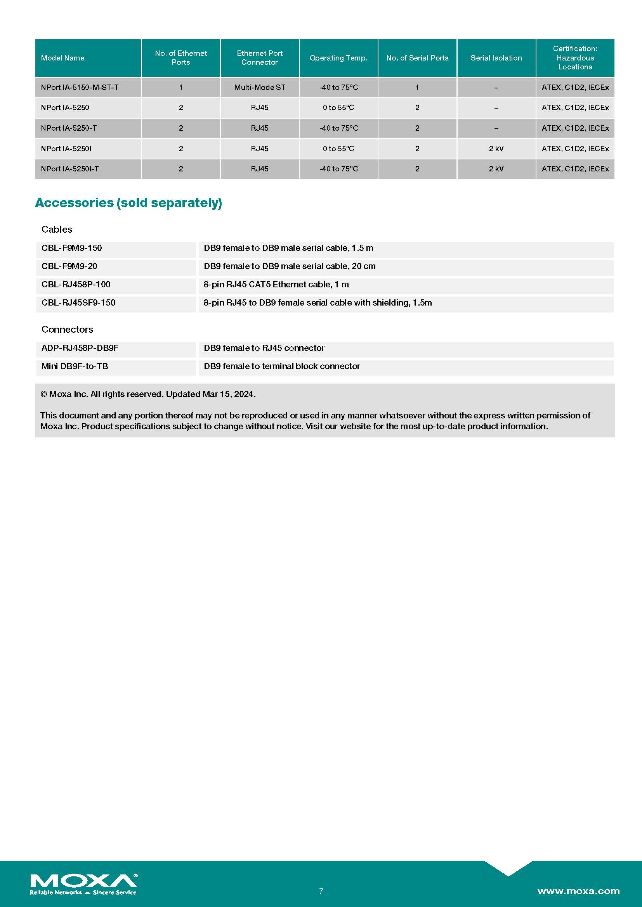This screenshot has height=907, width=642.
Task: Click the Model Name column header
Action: tap(63, 58)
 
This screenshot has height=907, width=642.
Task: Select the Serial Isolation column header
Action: tap(496, 58)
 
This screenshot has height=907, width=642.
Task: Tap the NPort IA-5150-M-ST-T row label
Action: tap(80, 88)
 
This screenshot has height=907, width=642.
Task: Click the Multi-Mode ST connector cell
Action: tap(259, 88)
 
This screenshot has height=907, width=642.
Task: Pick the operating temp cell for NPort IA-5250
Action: tap(338, 108)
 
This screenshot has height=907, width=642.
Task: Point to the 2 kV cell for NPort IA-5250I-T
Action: tap(496, 169)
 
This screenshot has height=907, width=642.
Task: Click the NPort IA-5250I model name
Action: tap(66, 149)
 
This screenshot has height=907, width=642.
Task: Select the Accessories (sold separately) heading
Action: tap(128, 203)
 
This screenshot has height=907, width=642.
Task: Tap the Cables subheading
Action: tap(57, 230)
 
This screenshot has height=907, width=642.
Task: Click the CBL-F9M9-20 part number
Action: tap(69, 266)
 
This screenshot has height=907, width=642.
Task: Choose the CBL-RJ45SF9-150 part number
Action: tap(78, 302)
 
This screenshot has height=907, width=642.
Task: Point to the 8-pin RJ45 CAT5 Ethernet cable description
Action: tap(276, 284)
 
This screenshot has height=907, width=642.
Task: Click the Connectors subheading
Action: tap(67, 330)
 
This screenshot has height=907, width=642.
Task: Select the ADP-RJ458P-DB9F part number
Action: tap(80, 348)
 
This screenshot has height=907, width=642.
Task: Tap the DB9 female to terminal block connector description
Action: tap(281, 366)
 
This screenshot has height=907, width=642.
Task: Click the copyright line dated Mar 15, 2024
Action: tap(148, 394)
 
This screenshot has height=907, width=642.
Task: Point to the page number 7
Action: tap(321, 891)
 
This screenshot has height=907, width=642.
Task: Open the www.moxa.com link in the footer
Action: tap(578, 891)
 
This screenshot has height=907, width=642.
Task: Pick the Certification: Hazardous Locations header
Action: tap(575, 58)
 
